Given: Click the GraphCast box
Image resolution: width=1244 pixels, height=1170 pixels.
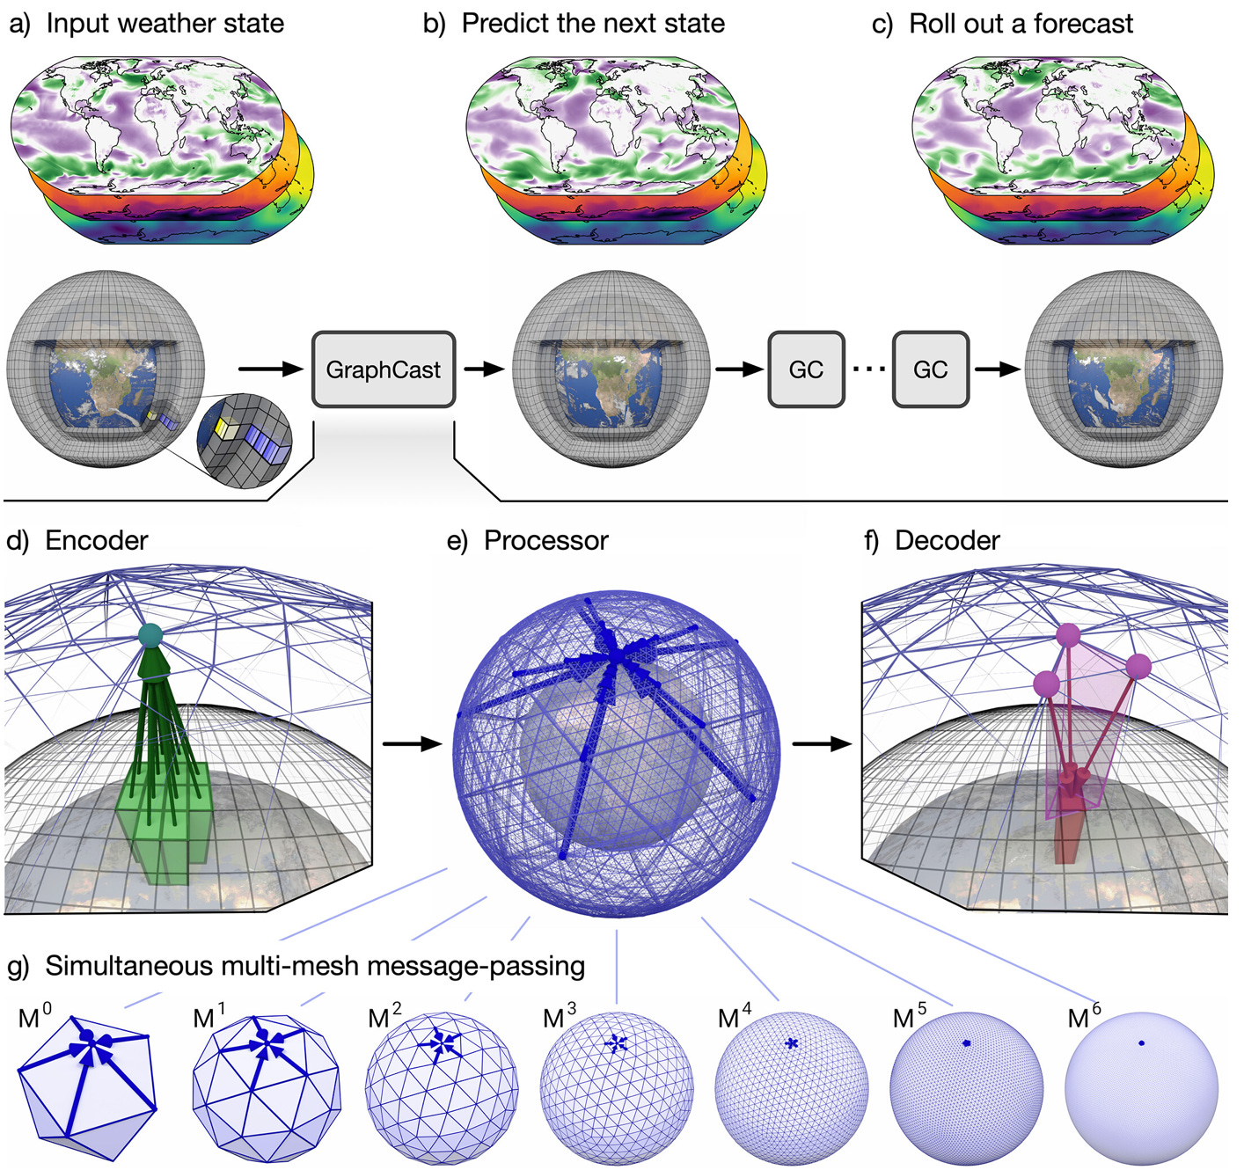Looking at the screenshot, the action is [x=384, y=369].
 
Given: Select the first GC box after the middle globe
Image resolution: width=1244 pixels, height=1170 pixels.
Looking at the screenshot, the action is [x=806, y=369].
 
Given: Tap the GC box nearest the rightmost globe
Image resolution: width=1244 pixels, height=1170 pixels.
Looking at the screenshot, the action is [x=930, y=369].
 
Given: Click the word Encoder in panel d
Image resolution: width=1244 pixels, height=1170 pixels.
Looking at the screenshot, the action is [x=96, y=540].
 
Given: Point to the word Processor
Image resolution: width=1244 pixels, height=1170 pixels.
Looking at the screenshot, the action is [x=545, y=540].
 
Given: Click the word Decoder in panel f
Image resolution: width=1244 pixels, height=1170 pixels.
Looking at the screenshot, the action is [x=947, y=540].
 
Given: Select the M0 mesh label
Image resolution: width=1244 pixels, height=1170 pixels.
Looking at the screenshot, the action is [x=33, y=1018].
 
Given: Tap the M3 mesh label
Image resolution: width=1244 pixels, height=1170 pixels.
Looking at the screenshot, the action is [x=560, y=1018].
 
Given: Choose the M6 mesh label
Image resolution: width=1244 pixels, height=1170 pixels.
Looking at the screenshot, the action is [x=1083, y=1018].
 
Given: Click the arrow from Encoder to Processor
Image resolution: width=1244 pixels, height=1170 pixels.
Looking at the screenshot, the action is [x=412, y=744].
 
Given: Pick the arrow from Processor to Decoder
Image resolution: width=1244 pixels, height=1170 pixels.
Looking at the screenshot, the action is [x=822, y=744].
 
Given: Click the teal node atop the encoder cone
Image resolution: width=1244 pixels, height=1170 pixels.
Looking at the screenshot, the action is [x=151, y=634].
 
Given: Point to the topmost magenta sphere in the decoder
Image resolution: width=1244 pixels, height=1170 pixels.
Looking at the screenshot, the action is [x=1067, y=634].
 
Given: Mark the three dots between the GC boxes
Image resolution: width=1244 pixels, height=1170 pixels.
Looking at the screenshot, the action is [x=868, y=369].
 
